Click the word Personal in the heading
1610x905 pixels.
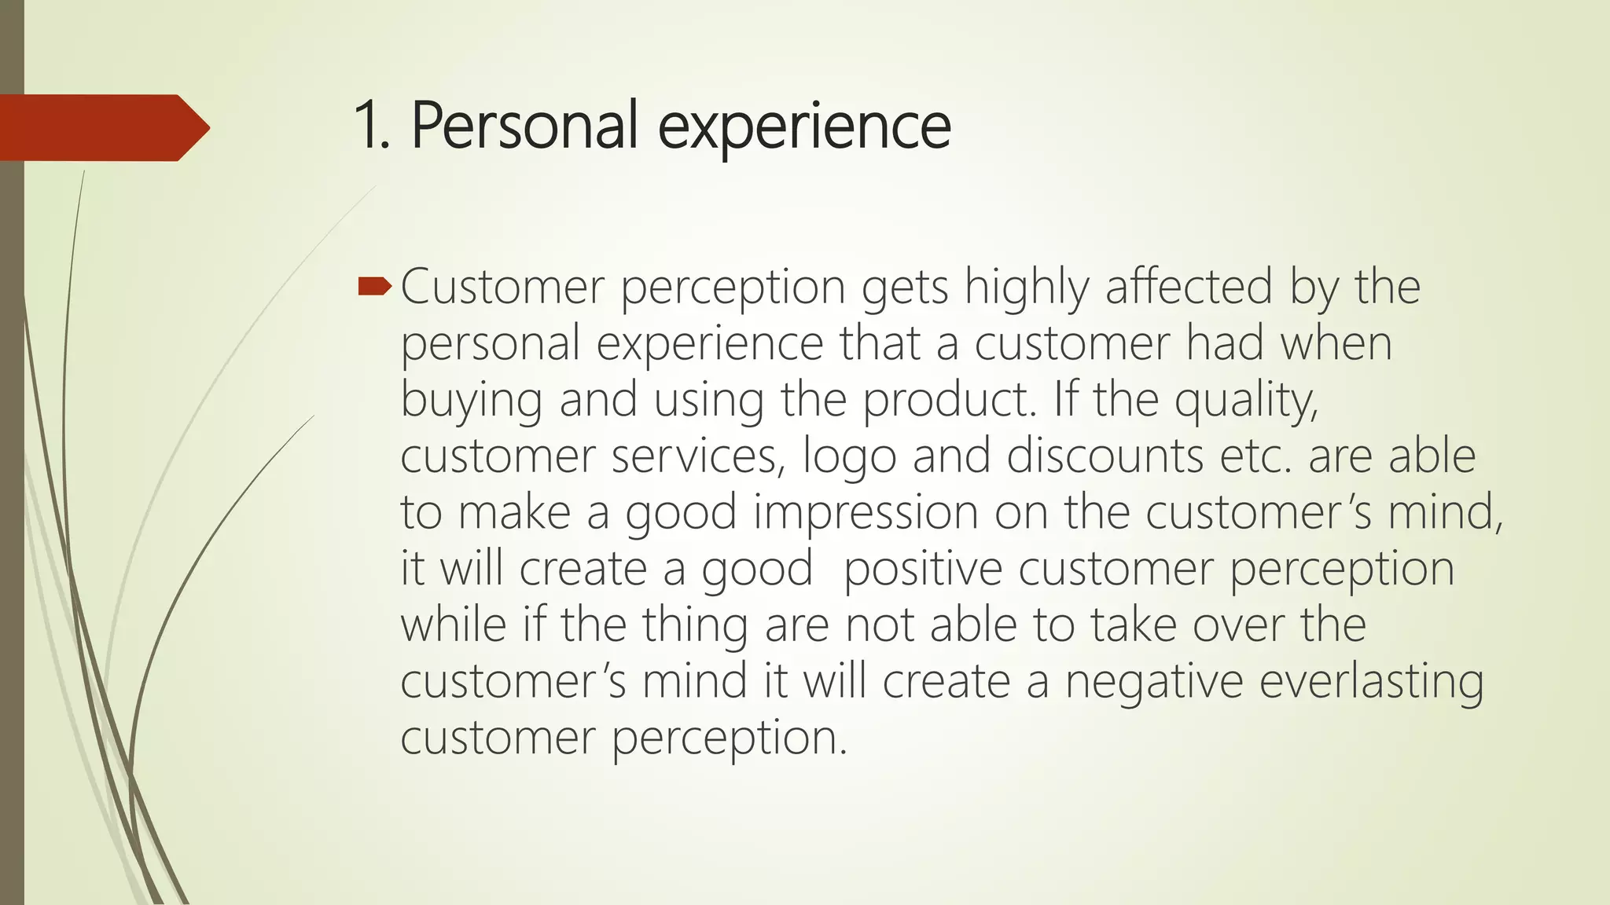click(x=524, y=126)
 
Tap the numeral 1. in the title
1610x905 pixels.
click(x=371, y=126)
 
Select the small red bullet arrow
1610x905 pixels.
click(x=374, y=287)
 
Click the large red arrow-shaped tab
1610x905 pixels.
click(x=102, y=127)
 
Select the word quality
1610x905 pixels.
click(x=1246, y=401)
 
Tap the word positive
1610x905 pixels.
click(x=922, y=569)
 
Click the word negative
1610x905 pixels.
click(x=1153, y=681)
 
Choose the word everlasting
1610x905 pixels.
click(x=1371, y=681)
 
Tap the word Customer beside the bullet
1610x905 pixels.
click(x=502, y=287)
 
